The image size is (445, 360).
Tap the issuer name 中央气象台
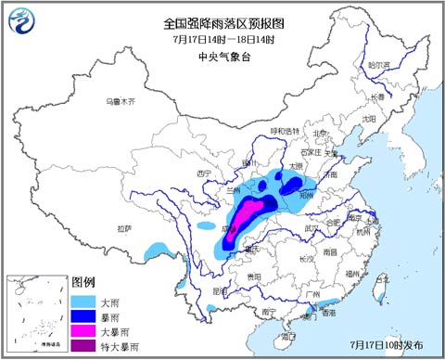[x=220, y=56]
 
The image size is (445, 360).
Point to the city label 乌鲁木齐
[x=119, y=100]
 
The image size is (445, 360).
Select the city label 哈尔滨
[x=379, y=66]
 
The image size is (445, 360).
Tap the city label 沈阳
[x=369, y=119]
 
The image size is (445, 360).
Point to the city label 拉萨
[x=124, y=227]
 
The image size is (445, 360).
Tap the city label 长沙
[x=306, y=259]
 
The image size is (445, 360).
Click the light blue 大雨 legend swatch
[x=84, y=301]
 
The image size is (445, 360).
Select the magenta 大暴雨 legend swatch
[x=84, y=330]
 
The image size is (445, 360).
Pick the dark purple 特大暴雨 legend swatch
[x=84, y=345]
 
